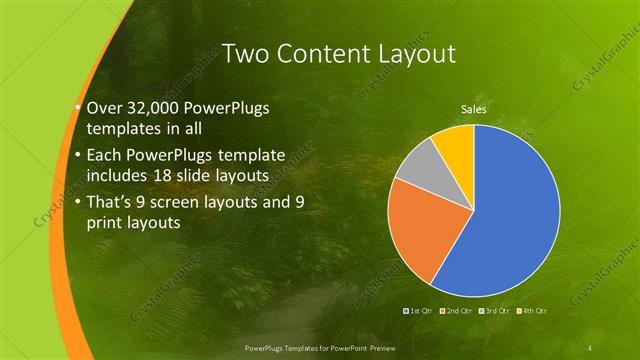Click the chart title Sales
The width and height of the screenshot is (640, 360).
point(473,109)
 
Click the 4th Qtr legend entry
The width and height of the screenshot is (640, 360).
point(532,311)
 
